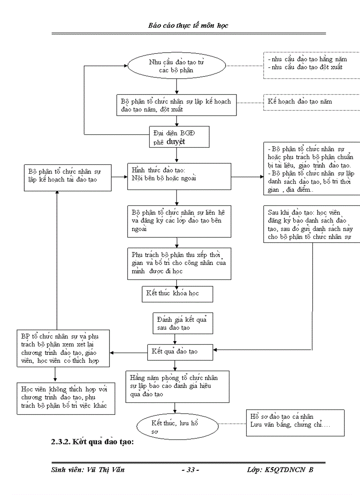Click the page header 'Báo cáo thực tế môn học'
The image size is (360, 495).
188,26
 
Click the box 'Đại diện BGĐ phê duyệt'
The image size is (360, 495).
178,137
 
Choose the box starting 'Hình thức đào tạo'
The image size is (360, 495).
179,176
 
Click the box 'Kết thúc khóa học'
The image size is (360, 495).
177,294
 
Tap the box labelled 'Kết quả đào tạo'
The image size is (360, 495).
181,352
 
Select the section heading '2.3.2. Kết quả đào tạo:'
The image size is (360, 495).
92,442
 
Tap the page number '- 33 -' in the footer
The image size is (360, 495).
190,470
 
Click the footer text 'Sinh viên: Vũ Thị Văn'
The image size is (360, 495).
88,470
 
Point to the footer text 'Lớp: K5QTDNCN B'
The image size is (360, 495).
280,470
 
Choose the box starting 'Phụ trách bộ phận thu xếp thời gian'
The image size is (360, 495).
179,263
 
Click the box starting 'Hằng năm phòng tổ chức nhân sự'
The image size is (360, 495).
177,386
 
